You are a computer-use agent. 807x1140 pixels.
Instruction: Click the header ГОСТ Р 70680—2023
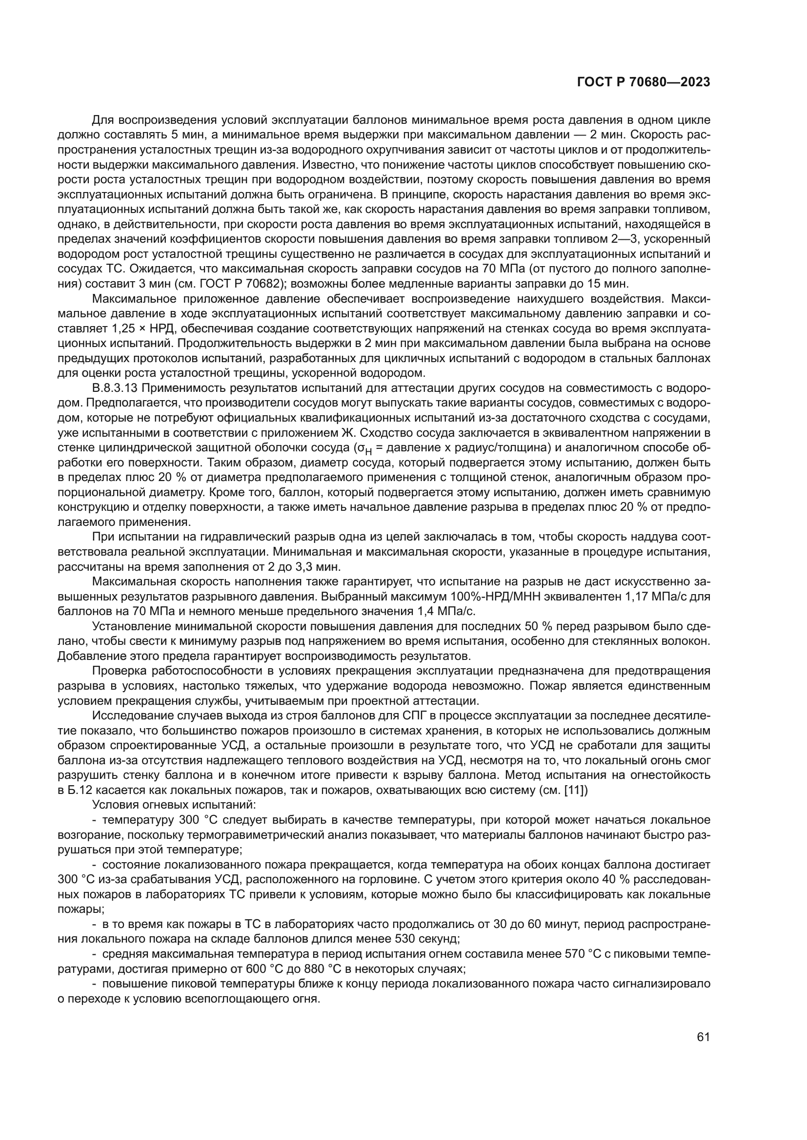(644, 82)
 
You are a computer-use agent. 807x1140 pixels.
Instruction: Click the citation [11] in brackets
(576, 790)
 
